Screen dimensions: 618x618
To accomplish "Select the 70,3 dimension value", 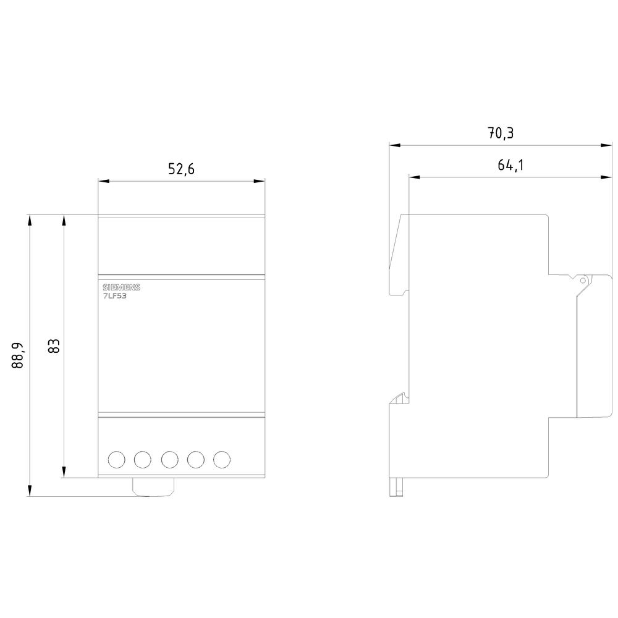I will (501, 133).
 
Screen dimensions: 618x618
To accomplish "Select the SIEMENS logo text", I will (121, 288).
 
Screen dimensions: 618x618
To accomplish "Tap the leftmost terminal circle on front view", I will (116, 459).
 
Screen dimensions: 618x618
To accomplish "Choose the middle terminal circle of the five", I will (170, 459).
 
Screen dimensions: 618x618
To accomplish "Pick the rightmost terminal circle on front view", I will (222, 459).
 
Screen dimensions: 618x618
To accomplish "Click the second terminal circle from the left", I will (143, 459).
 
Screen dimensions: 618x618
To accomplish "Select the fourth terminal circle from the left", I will (197, 459).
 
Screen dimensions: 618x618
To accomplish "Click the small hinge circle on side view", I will (582, 280).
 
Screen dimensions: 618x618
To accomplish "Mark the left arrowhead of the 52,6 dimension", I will (103, 181).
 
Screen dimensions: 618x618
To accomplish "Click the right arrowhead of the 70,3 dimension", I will (607, 146).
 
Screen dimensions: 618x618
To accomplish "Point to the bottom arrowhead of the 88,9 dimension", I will (29, 493).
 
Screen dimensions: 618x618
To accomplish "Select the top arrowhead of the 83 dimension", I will (64, 219).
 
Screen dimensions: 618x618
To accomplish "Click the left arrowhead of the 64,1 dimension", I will (414, 177).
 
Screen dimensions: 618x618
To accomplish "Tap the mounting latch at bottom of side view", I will (394, 486).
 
